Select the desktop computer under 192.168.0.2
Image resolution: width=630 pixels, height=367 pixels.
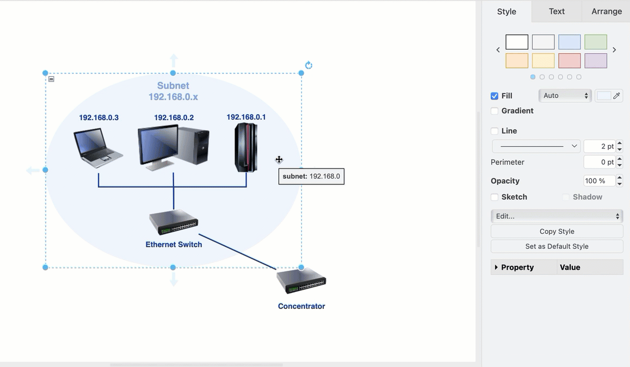173,145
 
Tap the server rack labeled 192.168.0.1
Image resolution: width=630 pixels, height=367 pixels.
246,147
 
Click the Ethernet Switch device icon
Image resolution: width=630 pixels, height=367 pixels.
174,222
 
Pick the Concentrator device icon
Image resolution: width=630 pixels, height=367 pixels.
301,281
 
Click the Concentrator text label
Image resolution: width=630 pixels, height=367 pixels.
301,306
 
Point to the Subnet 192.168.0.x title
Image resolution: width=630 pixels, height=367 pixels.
173,91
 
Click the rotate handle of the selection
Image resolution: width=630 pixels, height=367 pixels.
308,65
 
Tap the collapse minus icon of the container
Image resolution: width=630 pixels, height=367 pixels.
51,79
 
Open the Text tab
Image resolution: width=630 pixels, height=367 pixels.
557,11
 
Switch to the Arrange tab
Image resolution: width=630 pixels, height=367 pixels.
606,11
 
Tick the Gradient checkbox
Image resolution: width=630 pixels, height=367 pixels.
495,111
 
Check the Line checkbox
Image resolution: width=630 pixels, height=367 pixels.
495,131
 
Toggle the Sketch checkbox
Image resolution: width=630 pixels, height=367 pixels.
495,197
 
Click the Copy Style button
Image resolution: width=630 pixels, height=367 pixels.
557,232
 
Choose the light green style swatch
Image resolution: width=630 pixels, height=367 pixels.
596,42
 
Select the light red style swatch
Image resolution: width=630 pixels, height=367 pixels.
570,61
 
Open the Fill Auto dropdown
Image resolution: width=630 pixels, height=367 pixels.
565,96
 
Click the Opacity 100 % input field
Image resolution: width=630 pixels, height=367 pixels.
598,181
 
